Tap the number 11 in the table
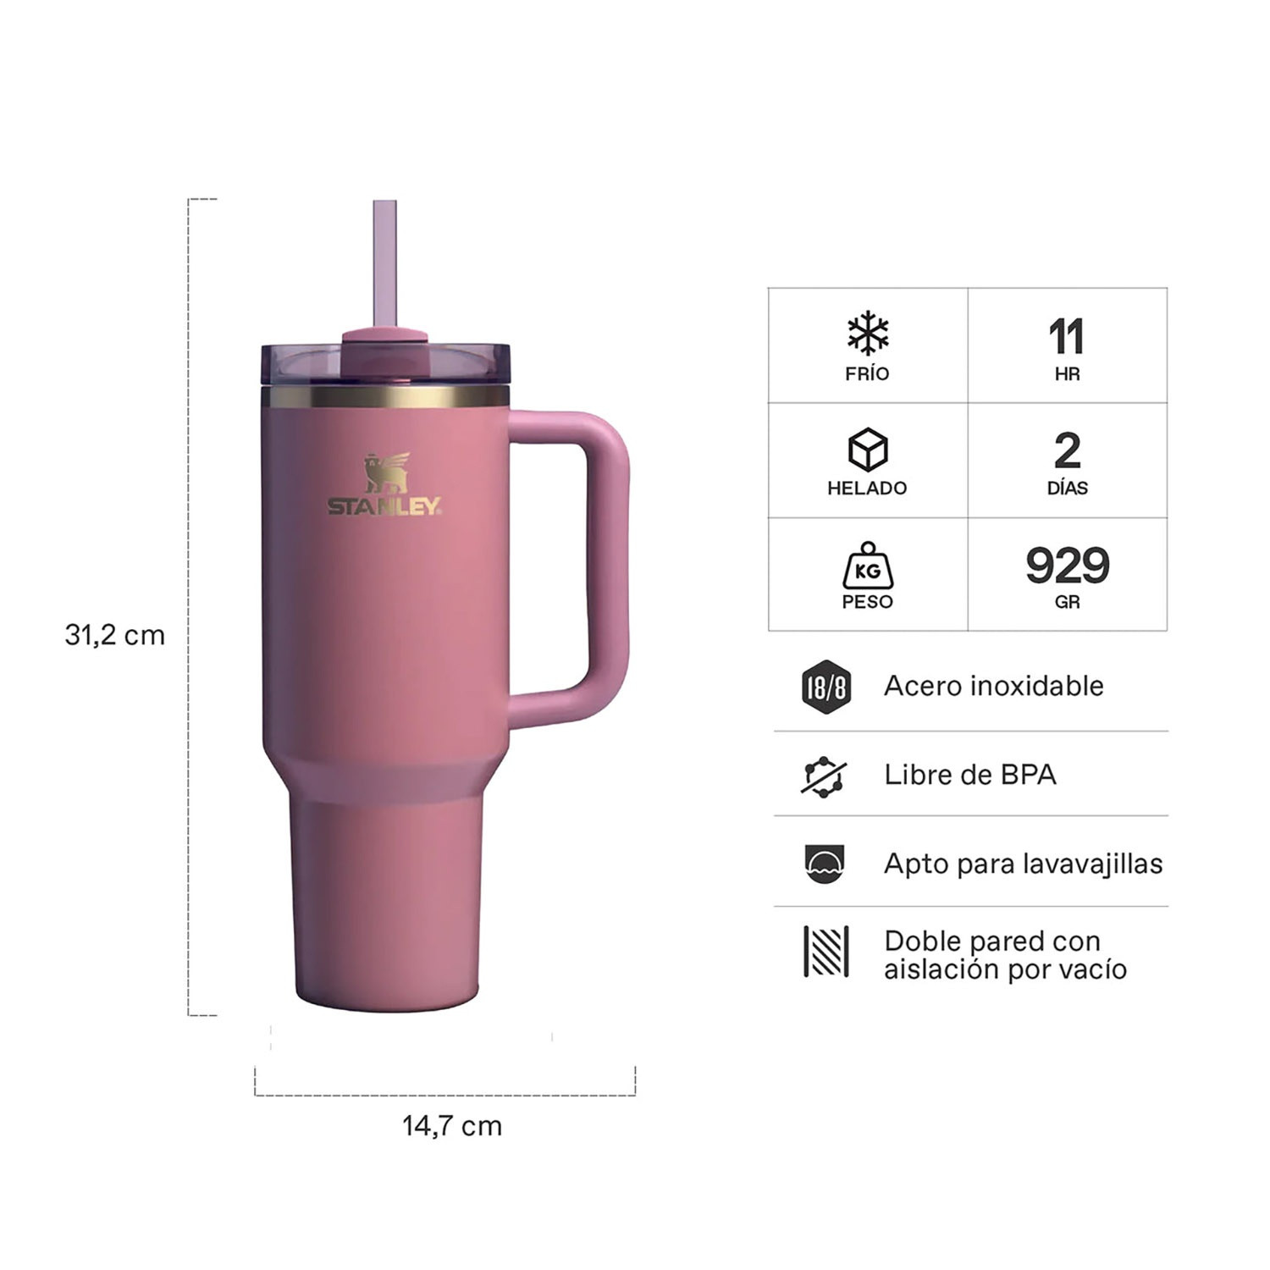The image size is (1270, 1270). click(x=1067, y=337)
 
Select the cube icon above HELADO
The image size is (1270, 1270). click(x=868, y=449)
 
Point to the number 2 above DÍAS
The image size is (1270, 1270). click(x=1068, y=450)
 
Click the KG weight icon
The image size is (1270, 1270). click(x=868, y=566)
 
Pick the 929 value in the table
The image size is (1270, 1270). click(x=1068, y=565)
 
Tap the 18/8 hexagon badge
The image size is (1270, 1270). click(x=825, y=687)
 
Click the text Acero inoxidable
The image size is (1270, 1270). click(x=994, y=686)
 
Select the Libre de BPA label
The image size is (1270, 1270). click(x=970, y=775)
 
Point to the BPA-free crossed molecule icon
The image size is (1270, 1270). click(x=825, y=776)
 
